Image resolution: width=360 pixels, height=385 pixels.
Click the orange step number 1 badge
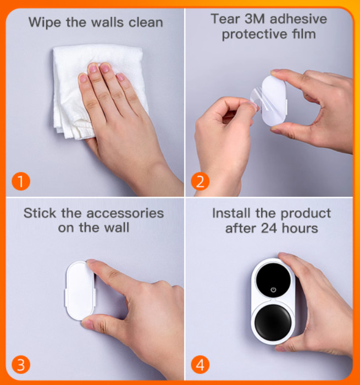point(21,181)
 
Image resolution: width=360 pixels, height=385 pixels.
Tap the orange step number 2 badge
point(200,181)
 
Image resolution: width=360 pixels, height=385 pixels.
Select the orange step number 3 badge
point(21,365)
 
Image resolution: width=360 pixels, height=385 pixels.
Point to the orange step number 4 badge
point(200,365)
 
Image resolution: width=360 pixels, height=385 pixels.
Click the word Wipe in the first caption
point(45,23)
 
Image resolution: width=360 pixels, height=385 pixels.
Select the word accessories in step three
point(125,213)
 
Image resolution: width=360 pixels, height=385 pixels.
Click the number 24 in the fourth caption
point(269,228)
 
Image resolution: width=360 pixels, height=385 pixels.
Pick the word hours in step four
point(300,228)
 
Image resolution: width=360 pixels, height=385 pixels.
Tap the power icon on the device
point(273,290)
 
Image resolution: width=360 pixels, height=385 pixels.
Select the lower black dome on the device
point(273,322)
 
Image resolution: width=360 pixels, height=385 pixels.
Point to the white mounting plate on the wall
point(79,291)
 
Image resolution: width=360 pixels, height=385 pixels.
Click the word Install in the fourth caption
point(231,213)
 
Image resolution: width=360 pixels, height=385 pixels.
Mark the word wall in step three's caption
point(117,227)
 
